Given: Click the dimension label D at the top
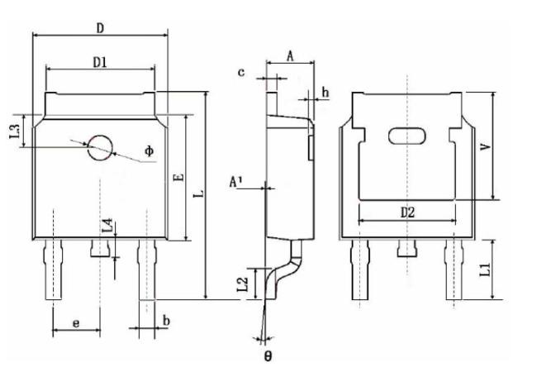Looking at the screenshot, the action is tap(100, 28).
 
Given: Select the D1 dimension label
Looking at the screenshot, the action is tap(100, 62).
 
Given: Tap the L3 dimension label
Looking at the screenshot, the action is tap(15, 131).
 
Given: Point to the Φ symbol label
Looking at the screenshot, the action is tap(150, 150).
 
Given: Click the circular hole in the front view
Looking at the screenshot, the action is tap(100, 148).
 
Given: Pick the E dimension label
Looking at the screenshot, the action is tap(179, 177).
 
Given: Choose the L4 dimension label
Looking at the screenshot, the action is tap(107, 225).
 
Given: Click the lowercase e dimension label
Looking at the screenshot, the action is tap(76, 322).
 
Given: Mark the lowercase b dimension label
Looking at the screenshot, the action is tap(166, 321).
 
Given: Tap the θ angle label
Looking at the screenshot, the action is tap(268, 356).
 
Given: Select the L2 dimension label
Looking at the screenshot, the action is tap(242, 284).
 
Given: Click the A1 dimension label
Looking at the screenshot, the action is tap(235, 182).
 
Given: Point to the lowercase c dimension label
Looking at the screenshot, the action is tap(241, 72).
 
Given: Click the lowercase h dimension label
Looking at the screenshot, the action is tap(326, 93).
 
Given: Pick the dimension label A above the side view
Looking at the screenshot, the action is tap(290, 56).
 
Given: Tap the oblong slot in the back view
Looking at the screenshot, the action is tap(407, 136).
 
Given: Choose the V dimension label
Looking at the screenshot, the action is tap(486, 146).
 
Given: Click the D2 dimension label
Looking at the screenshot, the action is tap(407, 212).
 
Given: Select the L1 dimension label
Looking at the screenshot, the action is tap(485, 269).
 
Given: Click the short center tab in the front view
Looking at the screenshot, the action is tap(100, 248).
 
